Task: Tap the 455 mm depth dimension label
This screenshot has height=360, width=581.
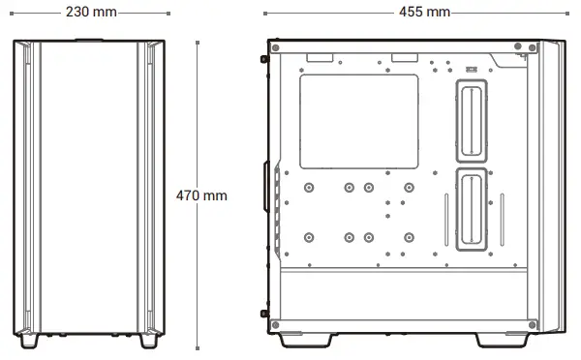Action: click(x=424, y=12)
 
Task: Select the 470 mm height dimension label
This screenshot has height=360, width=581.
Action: click(x=201, y=195)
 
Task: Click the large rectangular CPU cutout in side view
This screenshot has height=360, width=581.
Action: click(x=361, y=121)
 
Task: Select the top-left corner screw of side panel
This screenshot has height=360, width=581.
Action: click(x=277, y=47)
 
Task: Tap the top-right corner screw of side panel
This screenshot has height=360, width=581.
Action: click(x=530, y=47)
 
